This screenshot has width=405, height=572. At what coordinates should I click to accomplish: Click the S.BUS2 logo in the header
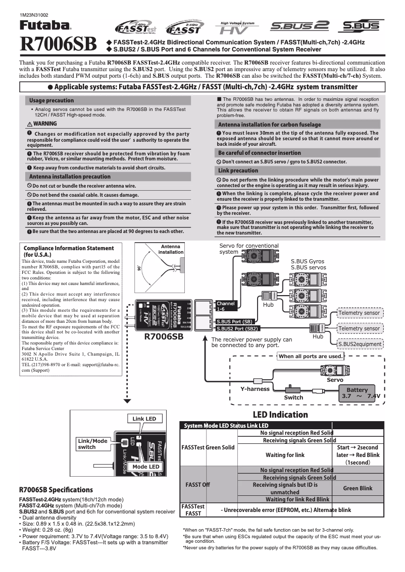300,25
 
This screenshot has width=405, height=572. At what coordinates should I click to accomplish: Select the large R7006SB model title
58,45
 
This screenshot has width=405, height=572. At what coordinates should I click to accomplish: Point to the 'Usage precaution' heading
52,100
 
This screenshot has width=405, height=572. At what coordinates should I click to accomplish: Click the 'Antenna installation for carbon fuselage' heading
269,124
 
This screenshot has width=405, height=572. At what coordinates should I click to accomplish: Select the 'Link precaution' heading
238,170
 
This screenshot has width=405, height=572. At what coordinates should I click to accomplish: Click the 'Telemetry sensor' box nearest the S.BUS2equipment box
359,328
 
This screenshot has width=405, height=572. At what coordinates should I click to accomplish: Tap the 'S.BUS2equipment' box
360,344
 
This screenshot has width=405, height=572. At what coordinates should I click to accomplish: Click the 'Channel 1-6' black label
225,306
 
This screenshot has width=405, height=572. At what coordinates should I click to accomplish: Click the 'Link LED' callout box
144,419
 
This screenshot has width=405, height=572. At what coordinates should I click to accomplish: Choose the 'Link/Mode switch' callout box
93,444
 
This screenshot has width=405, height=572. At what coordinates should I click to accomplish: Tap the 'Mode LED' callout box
146,467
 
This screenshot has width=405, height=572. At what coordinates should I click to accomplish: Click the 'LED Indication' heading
280,415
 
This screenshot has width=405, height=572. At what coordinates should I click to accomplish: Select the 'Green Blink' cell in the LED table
358,488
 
